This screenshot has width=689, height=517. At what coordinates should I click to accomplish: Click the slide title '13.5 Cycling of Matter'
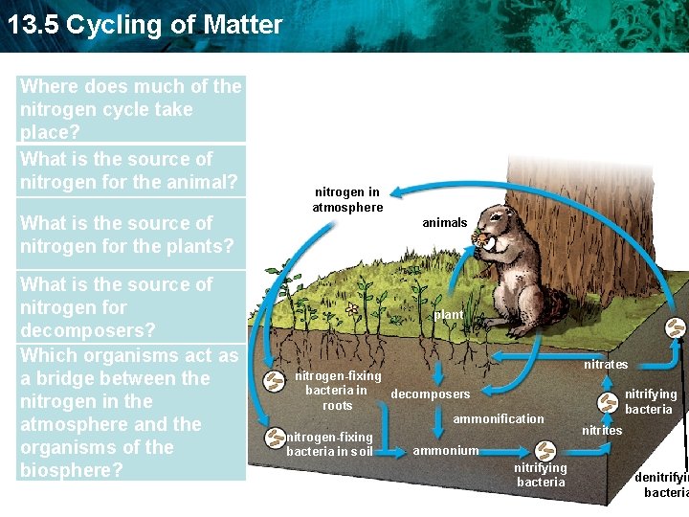click(x=145, y=25)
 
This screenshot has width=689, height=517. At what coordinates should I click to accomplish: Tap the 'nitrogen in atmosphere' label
click(x=347, y=200)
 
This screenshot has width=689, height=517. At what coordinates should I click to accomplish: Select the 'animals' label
click(x=445, y=223)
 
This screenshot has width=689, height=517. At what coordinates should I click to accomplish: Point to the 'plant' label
click(x=449, y=315)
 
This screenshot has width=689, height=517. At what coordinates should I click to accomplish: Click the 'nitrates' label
click(x=606, y=365)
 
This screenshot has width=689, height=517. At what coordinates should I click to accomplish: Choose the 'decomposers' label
click(x=431, y=394)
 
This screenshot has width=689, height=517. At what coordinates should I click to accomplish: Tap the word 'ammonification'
click(x=498, y=419)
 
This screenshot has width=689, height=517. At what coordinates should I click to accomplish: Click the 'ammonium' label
click(x=445, y=451)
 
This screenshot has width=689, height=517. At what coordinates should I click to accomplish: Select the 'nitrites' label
click(x=602, y=431)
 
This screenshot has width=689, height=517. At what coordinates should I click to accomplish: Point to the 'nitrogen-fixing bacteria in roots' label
click(x=338, y=391)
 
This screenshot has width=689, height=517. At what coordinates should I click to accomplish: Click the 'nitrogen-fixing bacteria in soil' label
click(x=329, y=444)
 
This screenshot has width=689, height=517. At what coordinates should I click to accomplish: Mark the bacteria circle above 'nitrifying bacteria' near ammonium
click(x=545, y=449)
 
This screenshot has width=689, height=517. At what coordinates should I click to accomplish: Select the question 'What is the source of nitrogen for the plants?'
click(x=127, y=235)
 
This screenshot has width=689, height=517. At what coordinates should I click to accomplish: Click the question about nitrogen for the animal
click(x=128, y=170)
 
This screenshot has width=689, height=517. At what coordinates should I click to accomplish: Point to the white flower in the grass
click(x=352, y=309)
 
